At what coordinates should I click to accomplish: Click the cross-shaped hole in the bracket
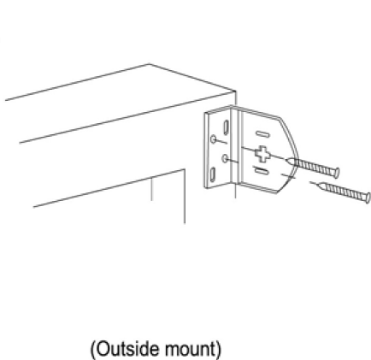262,154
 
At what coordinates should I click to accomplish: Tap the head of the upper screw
337,172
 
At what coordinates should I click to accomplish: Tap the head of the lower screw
368,198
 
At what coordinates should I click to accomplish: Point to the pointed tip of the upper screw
286,160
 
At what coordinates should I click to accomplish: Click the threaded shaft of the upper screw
314,167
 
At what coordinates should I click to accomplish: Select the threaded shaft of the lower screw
344,192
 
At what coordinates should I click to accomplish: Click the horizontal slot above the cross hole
262,133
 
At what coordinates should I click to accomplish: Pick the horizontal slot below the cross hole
261,170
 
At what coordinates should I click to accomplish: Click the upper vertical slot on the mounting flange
226,127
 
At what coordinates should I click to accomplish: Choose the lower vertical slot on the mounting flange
213,175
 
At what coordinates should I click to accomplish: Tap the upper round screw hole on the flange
214,139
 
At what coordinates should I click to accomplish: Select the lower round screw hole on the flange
225,158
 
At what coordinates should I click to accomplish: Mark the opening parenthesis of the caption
93,349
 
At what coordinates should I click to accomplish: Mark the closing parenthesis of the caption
218,349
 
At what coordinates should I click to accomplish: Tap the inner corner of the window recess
185,170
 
